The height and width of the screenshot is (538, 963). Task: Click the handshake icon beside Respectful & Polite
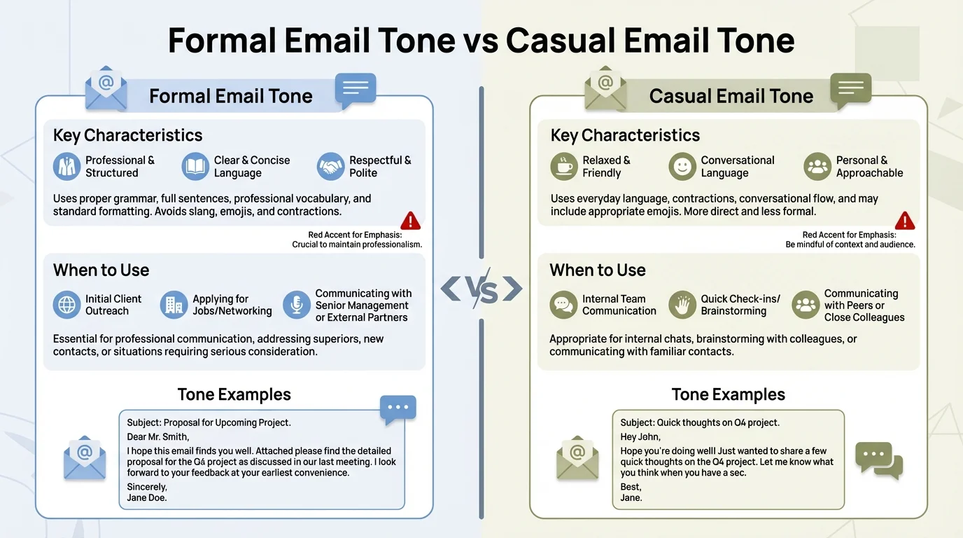330,167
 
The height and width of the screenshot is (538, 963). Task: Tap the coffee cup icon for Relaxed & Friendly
564,167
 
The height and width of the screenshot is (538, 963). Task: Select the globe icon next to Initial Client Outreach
66,305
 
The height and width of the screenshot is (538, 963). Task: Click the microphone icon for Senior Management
296,305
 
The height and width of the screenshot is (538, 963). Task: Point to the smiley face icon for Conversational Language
682,167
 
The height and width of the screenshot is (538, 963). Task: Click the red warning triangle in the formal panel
410,221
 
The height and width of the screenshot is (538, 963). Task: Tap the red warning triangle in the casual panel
905,221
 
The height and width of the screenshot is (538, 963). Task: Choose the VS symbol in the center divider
481,289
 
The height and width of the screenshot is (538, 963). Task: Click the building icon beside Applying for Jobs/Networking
174,305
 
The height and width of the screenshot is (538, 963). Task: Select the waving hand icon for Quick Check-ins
682,305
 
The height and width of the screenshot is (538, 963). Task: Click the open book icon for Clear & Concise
195,167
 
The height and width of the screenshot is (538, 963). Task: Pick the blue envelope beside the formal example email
85,457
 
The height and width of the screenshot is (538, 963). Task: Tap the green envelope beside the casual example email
577,457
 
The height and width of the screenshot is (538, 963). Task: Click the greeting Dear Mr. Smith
157,437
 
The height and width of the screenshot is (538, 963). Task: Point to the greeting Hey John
640,437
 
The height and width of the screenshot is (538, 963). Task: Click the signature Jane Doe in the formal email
147,498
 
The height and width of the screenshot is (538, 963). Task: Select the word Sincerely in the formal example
147,487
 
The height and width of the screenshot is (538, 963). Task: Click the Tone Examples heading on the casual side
728,394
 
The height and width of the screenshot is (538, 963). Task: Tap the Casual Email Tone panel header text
731,96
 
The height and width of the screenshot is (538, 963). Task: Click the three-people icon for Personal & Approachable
817,167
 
